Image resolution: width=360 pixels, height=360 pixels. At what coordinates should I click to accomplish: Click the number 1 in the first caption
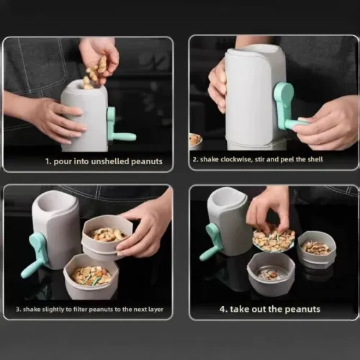pyautogui.click(x=47, y=161)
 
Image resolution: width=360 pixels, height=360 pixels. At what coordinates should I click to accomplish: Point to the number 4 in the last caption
pyautogui.click(x=222, y=310)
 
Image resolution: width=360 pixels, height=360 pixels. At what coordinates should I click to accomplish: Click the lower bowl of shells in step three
pyautogui.click(x=90, y=276)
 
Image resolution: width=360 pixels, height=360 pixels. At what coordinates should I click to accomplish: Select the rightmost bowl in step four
pyautogui.click(x=317, y=248)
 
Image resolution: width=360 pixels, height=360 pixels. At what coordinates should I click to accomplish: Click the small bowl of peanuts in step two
pyautogui.click(x=195, y=139)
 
